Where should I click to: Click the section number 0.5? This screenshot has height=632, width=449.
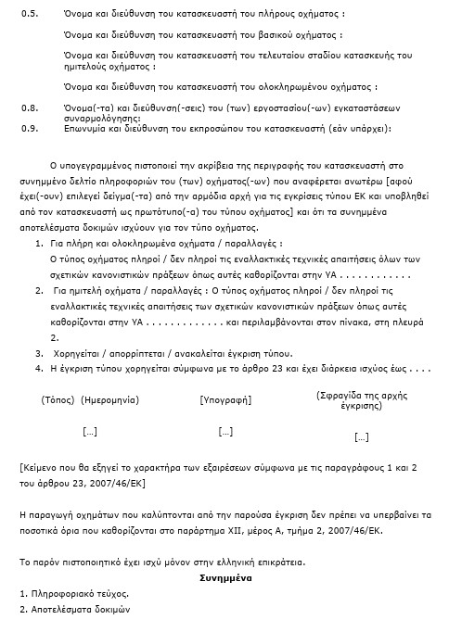(x=29, y=16)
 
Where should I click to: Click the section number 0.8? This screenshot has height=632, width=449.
(x=29, y=107)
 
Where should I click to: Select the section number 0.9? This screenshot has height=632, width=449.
(x=29, y=127)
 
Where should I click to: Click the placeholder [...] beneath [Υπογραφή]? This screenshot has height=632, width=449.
(x=225, y=431)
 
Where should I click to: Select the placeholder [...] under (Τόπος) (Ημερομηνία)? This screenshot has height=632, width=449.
(x=90, y=431)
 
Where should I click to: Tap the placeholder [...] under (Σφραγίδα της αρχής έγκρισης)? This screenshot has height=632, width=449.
(x=362, y=436)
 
